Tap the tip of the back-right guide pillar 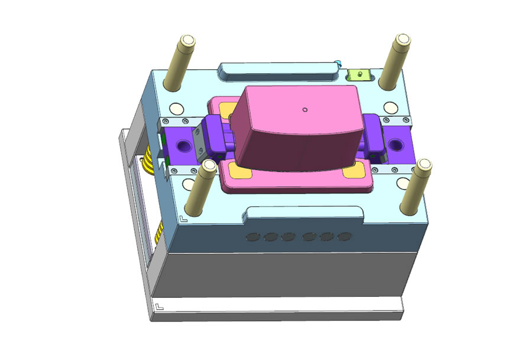[x=403, y=40]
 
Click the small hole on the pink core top [x=304, y=109]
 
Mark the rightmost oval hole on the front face [x=344, y=237]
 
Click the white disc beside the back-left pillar [x=176, y=109]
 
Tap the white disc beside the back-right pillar [x=390, y=108]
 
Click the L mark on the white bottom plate [x=160, y=306]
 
